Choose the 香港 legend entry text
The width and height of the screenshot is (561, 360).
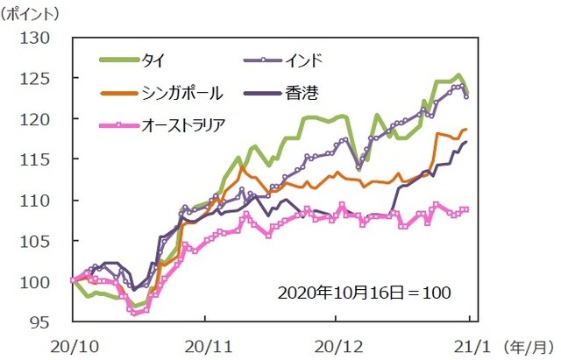(x=297, y=92)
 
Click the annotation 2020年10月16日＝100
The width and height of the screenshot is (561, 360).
(x=365, y=291)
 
